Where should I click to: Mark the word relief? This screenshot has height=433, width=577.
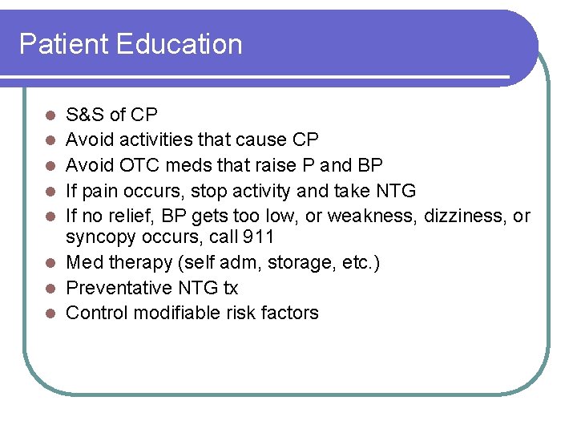[x=133, y=216]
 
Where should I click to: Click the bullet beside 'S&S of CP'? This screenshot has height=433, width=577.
[x=50, y=115]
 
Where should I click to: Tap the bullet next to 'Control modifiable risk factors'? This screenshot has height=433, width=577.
[x=50, y=314]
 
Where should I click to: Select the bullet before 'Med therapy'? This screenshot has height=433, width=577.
[x=50, y=263]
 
